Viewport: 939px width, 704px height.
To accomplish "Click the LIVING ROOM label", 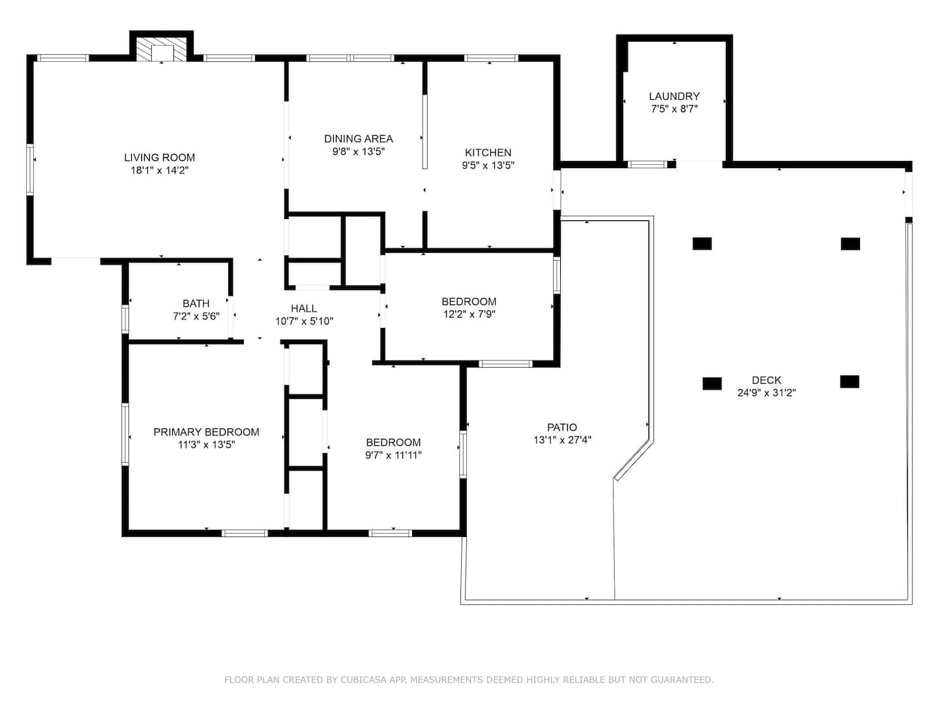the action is pos(159,157).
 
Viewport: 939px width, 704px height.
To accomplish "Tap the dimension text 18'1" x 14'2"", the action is pos(159,170).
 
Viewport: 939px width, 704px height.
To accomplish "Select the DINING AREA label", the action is pos(358,138).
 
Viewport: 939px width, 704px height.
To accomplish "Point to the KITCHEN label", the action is pos(488,153).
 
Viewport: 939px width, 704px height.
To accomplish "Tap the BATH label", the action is pos(196,304).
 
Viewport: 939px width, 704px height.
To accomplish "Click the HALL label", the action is pos(304,308).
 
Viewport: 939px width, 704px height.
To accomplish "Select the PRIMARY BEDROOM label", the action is pos(206,432).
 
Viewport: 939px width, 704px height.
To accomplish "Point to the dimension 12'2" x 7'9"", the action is pos(469,314).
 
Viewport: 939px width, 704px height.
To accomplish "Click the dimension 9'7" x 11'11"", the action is pos(393,455).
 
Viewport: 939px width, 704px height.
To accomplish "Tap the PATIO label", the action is pos(561,427).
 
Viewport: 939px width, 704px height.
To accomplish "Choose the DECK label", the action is pos(766,380).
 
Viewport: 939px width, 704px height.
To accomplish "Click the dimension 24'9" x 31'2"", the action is pos(766,392).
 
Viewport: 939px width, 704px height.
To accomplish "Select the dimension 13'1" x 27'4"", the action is pos(561,439).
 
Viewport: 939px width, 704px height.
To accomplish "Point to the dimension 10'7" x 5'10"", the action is pos(304,321).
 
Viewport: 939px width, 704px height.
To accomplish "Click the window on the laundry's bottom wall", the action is pos(647,164).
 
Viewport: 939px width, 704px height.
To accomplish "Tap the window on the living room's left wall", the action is pos(30,169).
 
